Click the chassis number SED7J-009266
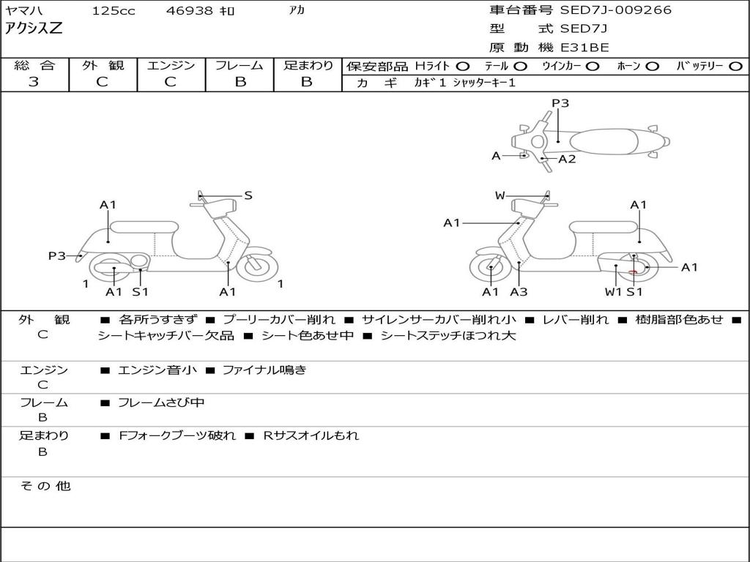point(615,10)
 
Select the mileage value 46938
point(189,10)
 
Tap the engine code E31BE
point(584,48)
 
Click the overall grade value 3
point(34,81)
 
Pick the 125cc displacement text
point(114,10)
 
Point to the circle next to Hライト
point(462,67)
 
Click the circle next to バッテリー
point(735,67)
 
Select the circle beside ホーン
point(653,67)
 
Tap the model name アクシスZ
point(34,29)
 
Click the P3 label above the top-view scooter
point(560,102)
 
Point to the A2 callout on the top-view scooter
point(567,159)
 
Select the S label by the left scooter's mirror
point(248,195)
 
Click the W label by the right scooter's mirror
point(500,195)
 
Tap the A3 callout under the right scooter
point(519,291)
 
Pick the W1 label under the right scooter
point(613,291)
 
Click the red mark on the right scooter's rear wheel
point(633,272)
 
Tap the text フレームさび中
point(161,402)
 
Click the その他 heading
point(45,486)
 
